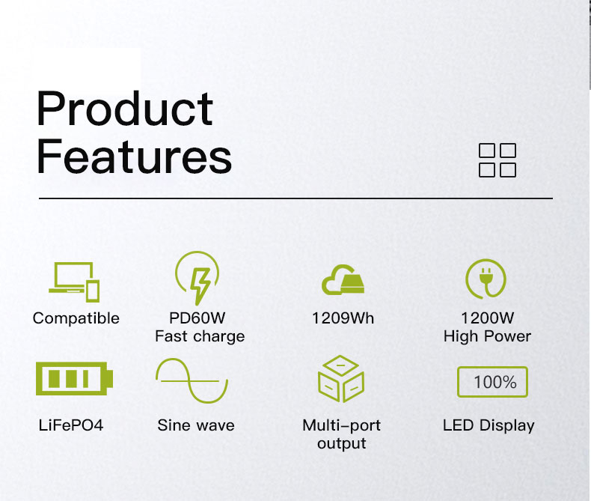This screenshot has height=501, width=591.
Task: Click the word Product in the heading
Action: [125, 108]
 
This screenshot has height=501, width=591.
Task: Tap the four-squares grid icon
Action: [497, 160]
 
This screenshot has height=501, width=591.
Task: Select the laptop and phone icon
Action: [74, 282]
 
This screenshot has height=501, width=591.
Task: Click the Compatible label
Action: [76, 318]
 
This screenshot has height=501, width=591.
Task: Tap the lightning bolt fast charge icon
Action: [197, 278]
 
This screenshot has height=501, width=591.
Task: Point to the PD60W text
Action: [197, 318]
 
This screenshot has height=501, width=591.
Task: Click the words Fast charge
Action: [200, 336]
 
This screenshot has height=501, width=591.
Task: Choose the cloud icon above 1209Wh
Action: [343, 279]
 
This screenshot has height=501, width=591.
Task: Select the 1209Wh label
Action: [343, 318]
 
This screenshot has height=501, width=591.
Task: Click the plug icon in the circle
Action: [486, 279]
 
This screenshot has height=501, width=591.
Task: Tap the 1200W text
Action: [487, 318]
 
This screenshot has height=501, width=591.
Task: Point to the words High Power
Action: [487, 336]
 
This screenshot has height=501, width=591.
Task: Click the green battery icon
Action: [74, 378]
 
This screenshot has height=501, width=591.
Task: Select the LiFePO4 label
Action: [71, 425]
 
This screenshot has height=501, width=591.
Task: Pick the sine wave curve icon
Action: [192, 381]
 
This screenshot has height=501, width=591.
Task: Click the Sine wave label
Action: [196, 425]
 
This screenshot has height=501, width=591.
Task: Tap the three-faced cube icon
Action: [341, 378]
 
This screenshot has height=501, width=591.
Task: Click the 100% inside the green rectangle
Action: [495, 382]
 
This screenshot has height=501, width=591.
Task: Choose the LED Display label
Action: [489, 425]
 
